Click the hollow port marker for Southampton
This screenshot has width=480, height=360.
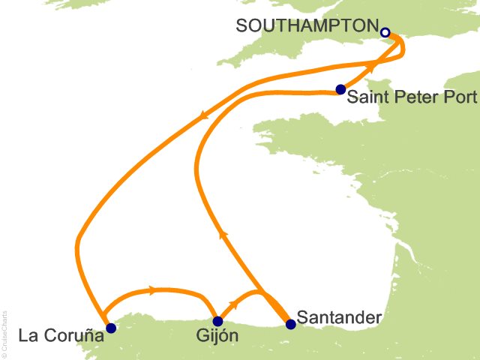pyautogui.click(x=385, y=32)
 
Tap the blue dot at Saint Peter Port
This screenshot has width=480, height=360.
pyautogui.click(x=340, y=89)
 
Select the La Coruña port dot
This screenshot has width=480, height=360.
pyautogui.click(x=111, y=328)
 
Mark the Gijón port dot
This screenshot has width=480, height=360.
pyautogui.click(x=217, y=321)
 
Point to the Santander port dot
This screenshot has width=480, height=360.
pyautogui.click(x=291, y=324)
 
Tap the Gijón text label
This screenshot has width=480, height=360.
pyautogui.click(x=219, y=337)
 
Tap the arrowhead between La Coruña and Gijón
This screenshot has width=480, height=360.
pyautogui.click(x=153, y=289)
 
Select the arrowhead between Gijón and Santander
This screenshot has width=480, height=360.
pyautogui.click(x=234, y=303)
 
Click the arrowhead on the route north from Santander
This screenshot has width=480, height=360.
pyautogui.click(x=222, y=235)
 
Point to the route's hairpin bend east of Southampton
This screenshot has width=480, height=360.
pyautogui.click(x=403, y=46)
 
